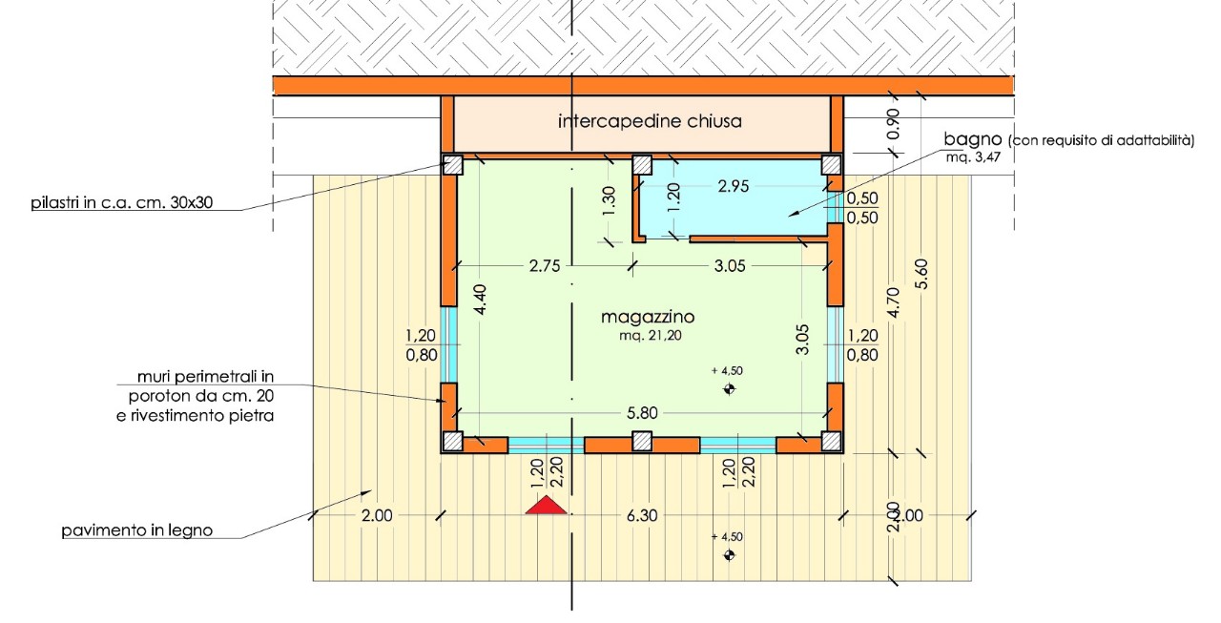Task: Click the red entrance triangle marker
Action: coord(546,506)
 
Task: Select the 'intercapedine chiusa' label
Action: coord(650,121)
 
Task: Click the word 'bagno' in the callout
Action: coord(973,139)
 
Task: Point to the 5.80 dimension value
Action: coord(642,413)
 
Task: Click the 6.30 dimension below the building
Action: coord(642,515)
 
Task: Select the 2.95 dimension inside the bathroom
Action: coord(734,186)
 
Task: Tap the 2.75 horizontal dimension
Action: coord(545,266)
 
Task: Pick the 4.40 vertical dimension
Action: coord(480,300)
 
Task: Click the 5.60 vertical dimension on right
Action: coord(921,274)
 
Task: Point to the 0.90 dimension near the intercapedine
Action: coord(894,124)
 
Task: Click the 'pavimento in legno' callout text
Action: coord(136,530)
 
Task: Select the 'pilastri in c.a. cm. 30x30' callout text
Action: coord(121,203)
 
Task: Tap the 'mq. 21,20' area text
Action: coord(651,335)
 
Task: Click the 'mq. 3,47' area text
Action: coord(973,158)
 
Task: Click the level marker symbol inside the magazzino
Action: coord(729,388)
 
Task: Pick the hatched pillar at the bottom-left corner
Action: coord(452,442)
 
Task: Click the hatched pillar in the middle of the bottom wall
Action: coord(642,442)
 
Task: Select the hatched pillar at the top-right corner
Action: coord(831,165)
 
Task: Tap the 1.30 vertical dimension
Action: coord(610,201)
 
